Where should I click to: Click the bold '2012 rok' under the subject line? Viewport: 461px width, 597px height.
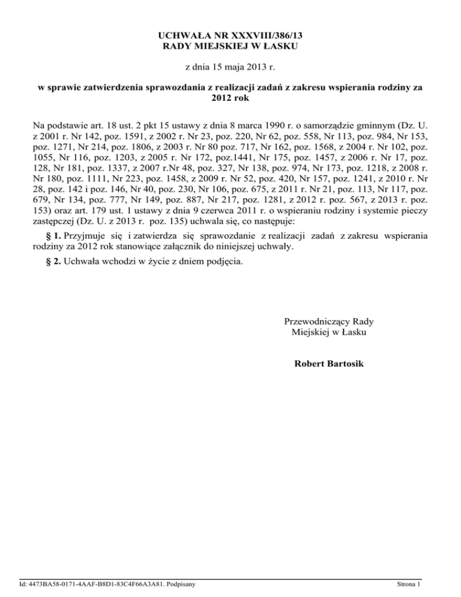click(x=230, y=98)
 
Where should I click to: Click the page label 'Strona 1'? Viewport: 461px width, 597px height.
click(x=412, y=583)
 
